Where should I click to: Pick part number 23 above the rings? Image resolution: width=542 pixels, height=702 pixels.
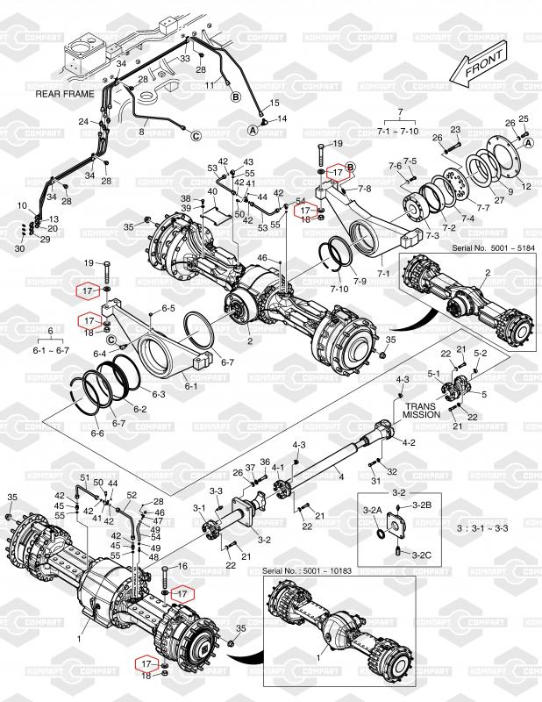455,131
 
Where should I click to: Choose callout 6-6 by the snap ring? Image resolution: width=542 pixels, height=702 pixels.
96,433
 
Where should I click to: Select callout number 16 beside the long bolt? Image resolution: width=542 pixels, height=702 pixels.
183,567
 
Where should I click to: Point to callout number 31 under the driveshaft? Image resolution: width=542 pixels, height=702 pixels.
376,482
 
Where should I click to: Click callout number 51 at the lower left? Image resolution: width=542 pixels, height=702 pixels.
84,477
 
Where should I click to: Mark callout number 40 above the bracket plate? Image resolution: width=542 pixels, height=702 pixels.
211,191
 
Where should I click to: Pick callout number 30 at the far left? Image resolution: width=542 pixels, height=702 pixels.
21,249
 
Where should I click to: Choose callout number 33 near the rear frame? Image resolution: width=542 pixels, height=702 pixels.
185,58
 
